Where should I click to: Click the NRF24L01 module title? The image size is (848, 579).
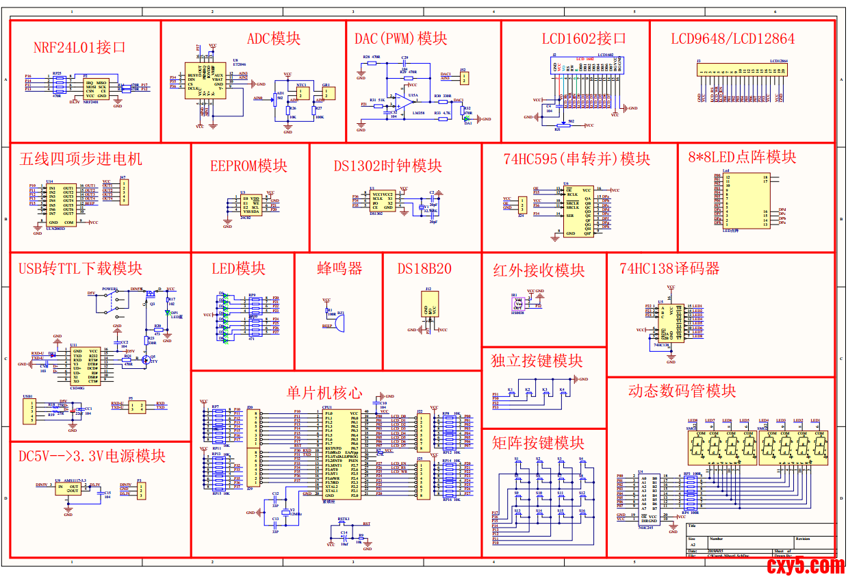tap(80, 48)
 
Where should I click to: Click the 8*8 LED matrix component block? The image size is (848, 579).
tap(746, 201)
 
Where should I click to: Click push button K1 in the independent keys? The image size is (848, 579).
tap(511, 395)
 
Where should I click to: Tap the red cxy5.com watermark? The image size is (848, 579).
tap(806, 565)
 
